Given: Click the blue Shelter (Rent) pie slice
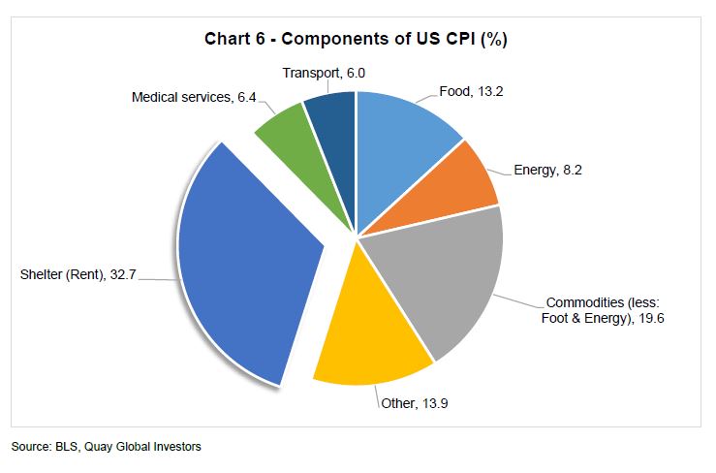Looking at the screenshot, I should (247, 267).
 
